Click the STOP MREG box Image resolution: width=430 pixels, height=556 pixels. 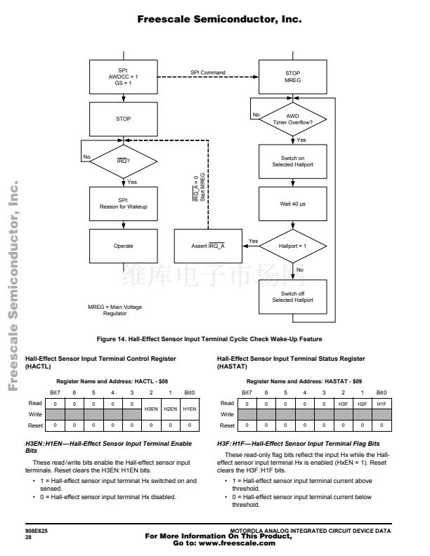293,77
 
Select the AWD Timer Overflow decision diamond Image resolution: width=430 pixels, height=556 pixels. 293,119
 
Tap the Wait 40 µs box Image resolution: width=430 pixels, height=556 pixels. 293,204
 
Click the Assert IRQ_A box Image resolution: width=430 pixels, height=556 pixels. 208,246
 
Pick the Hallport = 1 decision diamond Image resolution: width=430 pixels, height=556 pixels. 293,246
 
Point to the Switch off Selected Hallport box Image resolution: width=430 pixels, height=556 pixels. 293,297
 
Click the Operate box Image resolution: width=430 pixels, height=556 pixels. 124,246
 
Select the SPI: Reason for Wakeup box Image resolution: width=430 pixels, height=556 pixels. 124,204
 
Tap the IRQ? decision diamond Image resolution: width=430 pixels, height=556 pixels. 124,161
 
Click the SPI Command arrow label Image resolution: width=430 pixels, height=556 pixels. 208,72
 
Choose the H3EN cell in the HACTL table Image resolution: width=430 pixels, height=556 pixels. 151,409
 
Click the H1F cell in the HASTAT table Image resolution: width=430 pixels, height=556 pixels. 382,404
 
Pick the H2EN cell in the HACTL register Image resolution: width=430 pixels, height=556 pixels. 170,409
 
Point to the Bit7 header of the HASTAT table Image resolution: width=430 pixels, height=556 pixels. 247,392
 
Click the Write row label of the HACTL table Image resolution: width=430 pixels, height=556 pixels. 35,414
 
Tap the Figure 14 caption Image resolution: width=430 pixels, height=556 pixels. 209,339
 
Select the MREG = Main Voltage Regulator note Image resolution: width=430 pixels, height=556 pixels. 115,310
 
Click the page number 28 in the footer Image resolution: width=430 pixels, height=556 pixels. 28,537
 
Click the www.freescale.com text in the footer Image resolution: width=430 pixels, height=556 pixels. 237,543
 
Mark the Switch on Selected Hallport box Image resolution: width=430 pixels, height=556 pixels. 293,161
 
